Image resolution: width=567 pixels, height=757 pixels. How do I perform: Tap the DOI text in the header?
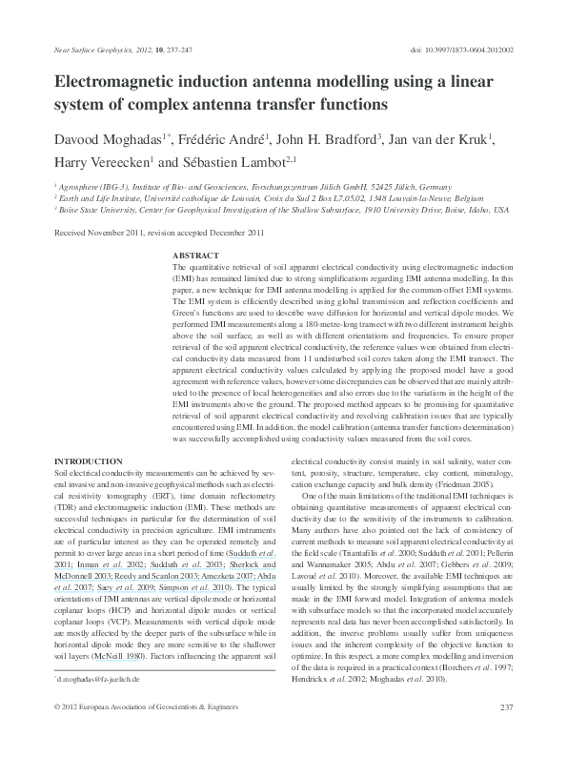point(462,47)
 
